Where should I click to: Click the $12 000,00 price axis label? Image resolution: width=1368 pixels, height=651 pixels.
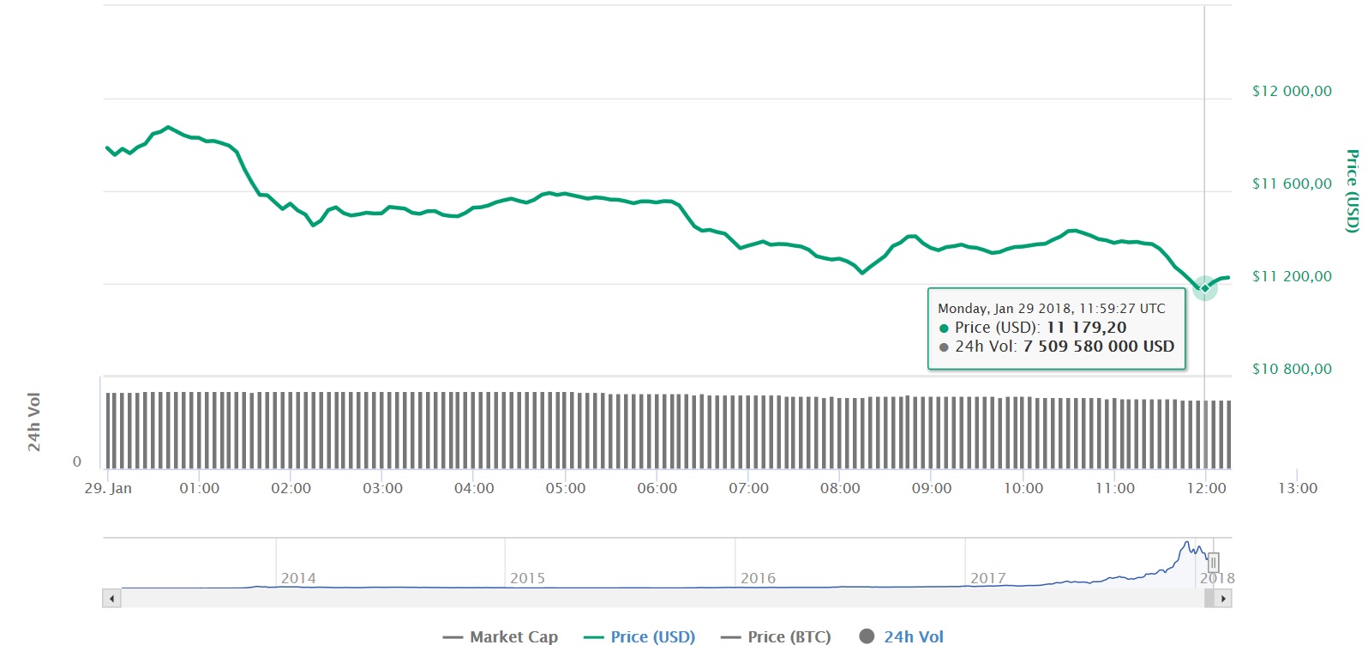point(1292,91)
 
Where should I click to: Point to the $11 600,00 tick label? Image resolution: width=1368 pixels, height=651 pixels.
point(1292,184)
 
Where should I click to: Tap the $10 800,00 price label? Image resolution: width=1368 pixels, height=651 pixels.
point(1292,369)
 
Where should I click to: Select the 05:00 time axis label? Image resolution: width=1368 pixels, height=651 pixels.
point(566,488)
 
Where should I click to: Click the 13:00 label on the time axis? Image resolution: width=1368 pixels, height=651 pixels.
point(1298,488)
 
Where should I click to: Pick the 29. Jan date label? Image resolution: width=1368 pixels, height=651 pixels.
point(108,488)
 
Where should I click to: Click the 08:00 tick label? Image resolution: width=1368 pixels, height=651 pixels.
point(840,488)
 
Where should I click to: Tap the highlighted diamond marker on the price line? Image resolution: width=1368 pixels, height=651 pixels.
point(1204,288)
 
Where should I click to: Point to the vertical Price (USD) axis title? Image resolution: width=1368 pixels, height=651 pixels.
point(1352,190)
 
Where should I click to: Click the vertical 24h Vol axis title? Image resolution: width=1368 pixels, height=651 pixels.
point(34,422)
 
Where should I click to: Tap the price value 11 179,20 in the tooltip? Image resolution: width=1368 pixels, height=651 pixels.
point(1086,328)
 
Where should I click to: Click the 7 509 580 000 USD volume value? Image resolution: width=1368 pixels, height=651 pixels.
point(1098,347)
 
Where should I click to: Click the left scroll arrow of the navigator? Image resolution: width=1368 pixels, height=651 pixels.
point(111,599)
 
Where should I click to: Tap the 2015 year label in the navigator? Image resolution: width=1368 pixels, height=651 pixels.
point(527,578)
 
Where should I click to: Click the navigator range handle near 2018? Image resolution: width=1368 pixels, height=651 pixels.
point(1213,563)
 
